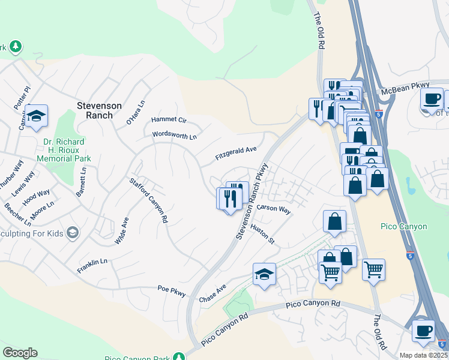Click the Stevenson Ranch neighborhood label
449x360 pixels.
click(x=99, y=110)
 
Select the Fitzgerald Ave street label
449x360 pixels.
click(x=236, y=154)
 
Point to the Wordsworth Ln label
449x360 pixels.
click(x=174, y=136)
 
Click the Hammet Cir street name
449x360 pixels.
click(x=169, y=120)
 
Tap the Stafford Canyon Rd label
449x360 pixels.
click(x=148, y=200)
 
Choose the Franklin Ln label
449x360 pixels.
click(x=92, y=266)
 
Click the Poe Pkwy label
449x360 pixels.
click(x=172, y=291)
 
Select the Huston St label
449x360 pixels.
click(x=262, y=235)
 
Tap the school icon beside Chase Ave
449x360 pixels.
click(x=264, y=275)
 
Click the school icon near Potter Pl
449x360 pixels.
click(x=37, y=116)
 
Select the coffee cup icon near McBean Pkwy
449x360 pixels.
click(x=432, y=98)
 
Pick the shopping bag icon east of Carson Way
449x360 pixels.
click(x=334, y=221)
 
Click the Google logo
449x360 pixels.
click(x=20, y=353)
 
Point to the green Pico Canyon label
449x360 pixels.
click(x=404, y=226)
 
